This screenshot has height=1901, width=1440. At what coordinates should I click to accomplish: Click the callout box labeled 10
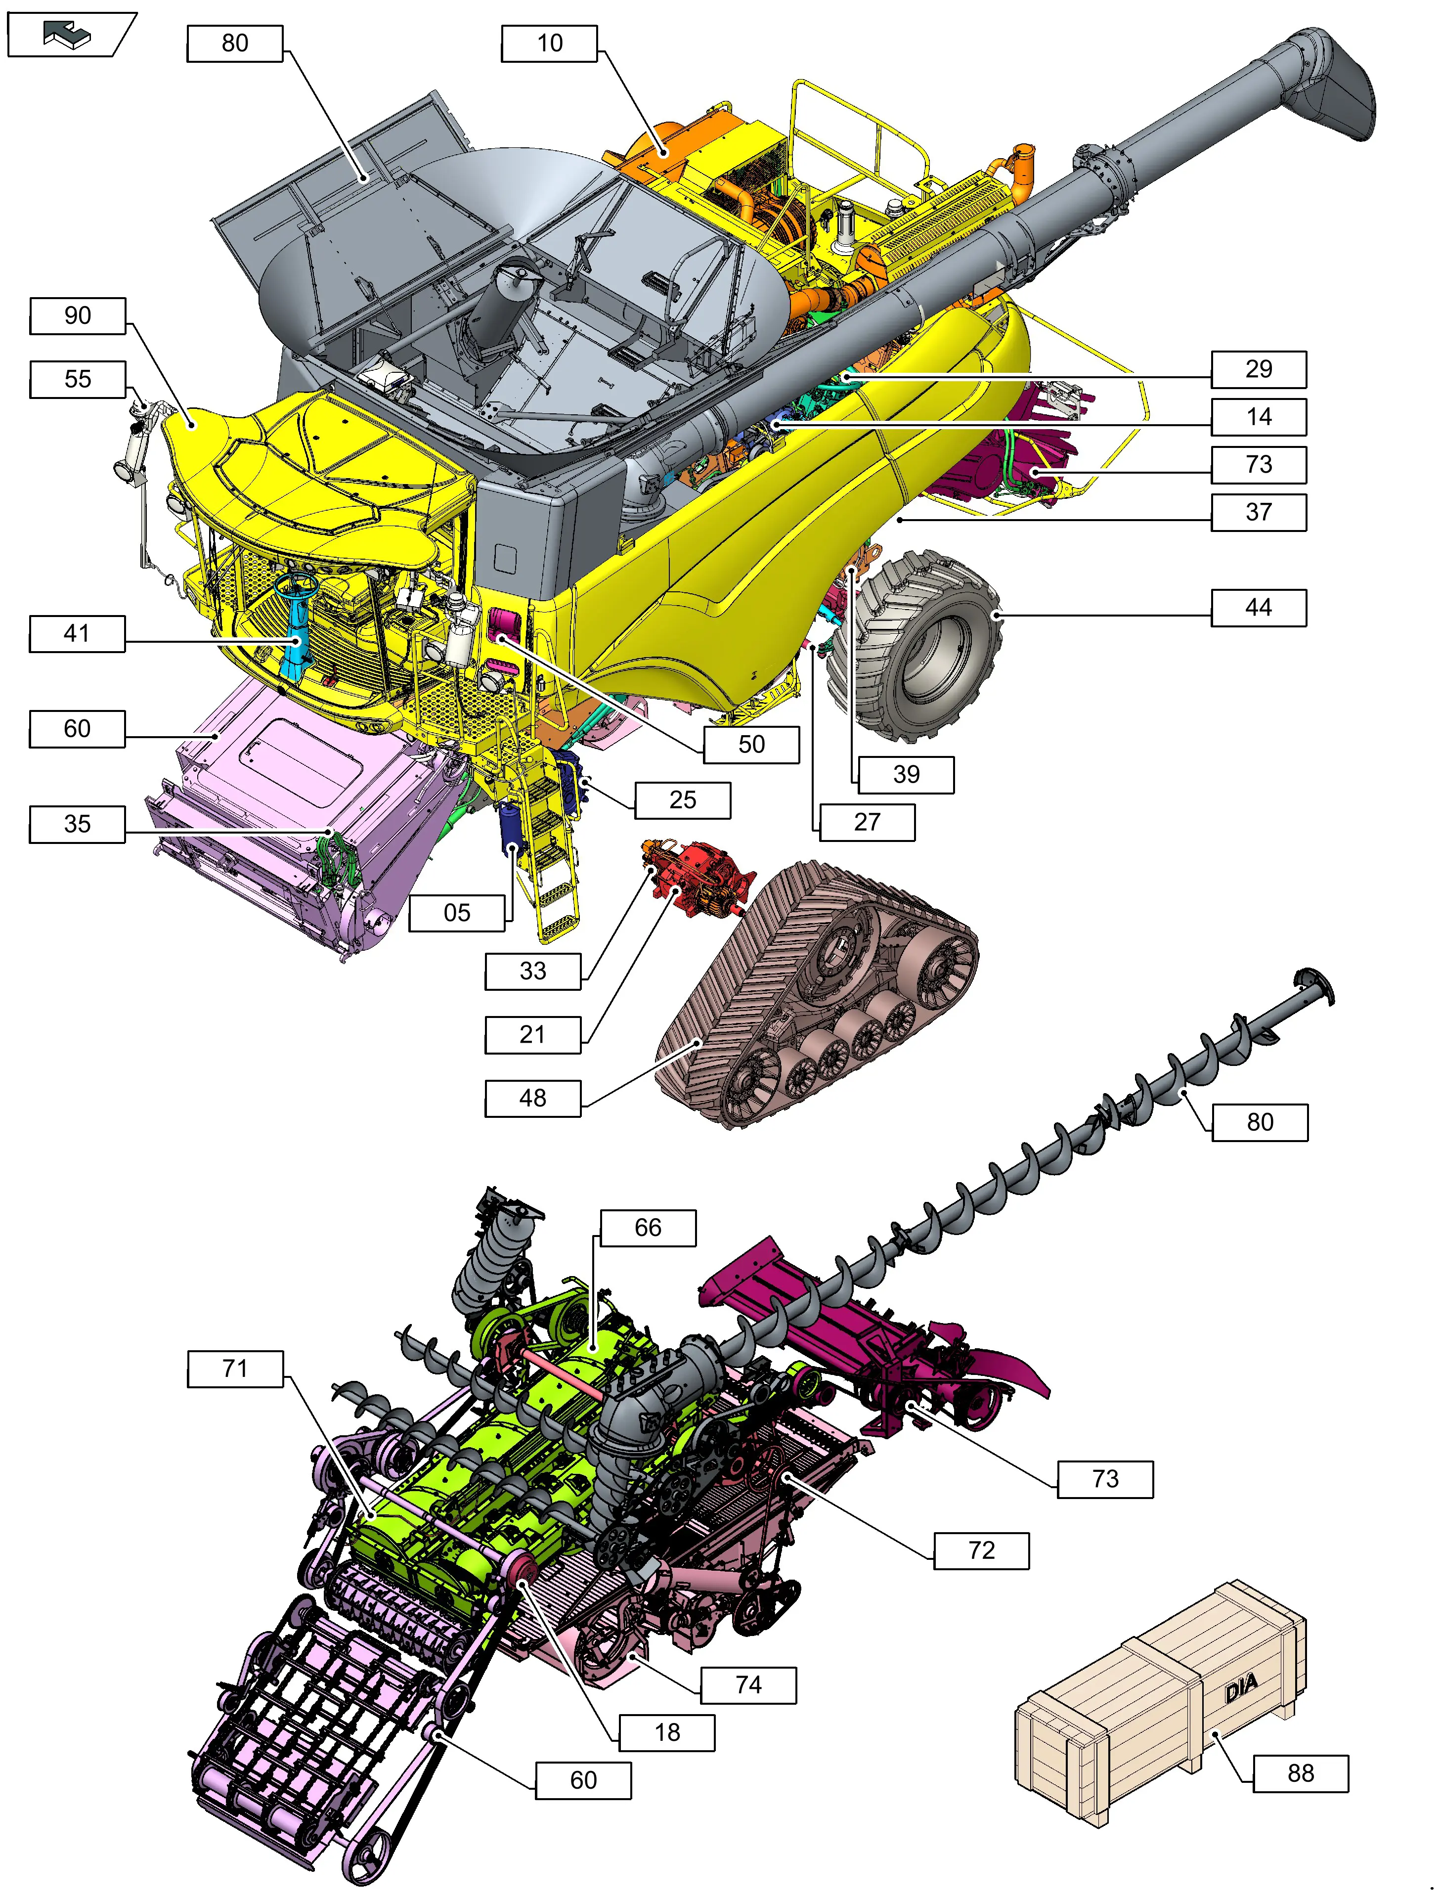549,43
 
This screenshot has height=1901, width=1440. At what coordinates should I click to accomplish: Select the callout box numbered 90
77,315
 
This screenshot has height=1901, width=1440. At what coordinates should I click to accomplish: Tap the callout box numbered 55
77,379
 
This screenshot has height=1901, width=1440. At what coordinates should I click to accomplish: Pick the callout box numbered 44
1259,608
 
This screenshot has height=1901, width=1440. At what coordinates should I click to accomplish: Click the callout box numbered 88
1301,1773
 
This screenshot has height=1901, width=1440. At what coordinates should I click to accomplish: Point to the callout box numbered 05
457,913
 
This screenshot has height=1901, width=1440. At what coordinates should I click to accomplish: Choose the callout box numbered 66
648,1227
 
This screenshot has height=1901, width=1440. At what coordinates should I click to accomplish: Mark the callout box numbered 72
981,1550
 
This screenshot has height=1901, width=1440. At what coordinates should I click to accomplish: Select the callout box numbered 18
667,1732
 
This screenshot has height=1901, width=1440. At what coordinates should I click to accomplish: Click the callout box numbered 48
533,1098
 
